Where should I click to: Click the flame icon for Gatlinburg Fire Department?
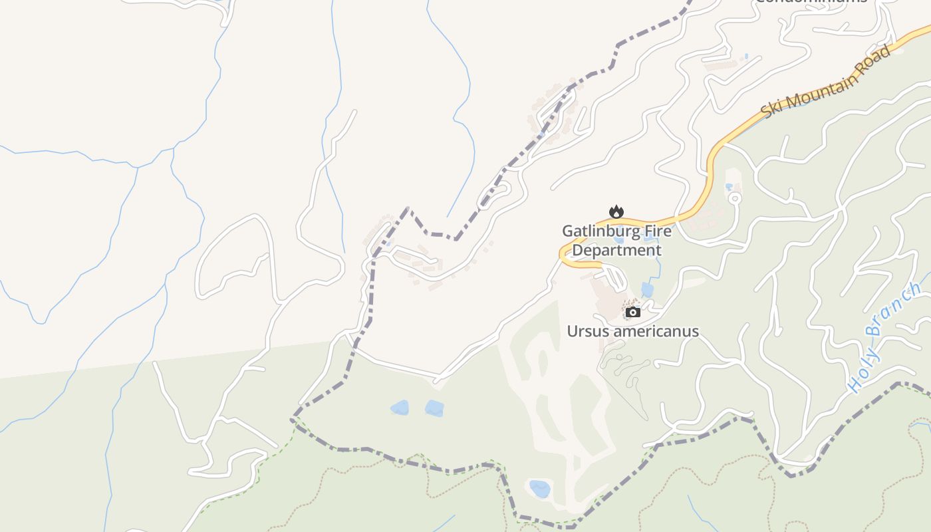click(616, 212)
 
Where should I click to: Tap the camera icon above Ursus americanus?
click(633, 312)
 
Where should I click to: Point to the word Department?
click(616, 250)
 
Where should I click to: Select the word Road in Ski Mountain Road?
click(875, 59)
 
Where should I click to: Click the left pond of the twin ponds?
click(400, 408)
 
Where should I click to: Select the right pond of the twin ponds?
click(434, 408)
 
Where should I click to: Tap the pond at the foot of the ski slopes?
click(539, 489)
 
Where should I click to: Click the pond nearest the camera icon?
click(647, 290)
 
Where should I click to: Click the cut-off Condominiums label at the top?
click(811, 2)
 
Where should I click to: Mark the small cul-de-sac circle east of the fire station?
click(734, 198)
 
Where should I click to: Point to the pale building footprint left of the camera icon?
click(607, 303)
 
